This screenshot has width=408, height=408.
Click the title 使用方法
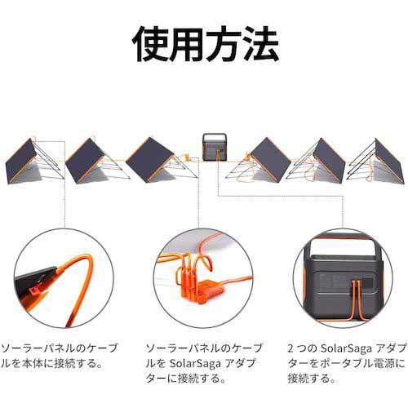tap(204, 45)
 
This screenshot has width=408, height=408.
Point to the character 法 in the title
tap(257, 45)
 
